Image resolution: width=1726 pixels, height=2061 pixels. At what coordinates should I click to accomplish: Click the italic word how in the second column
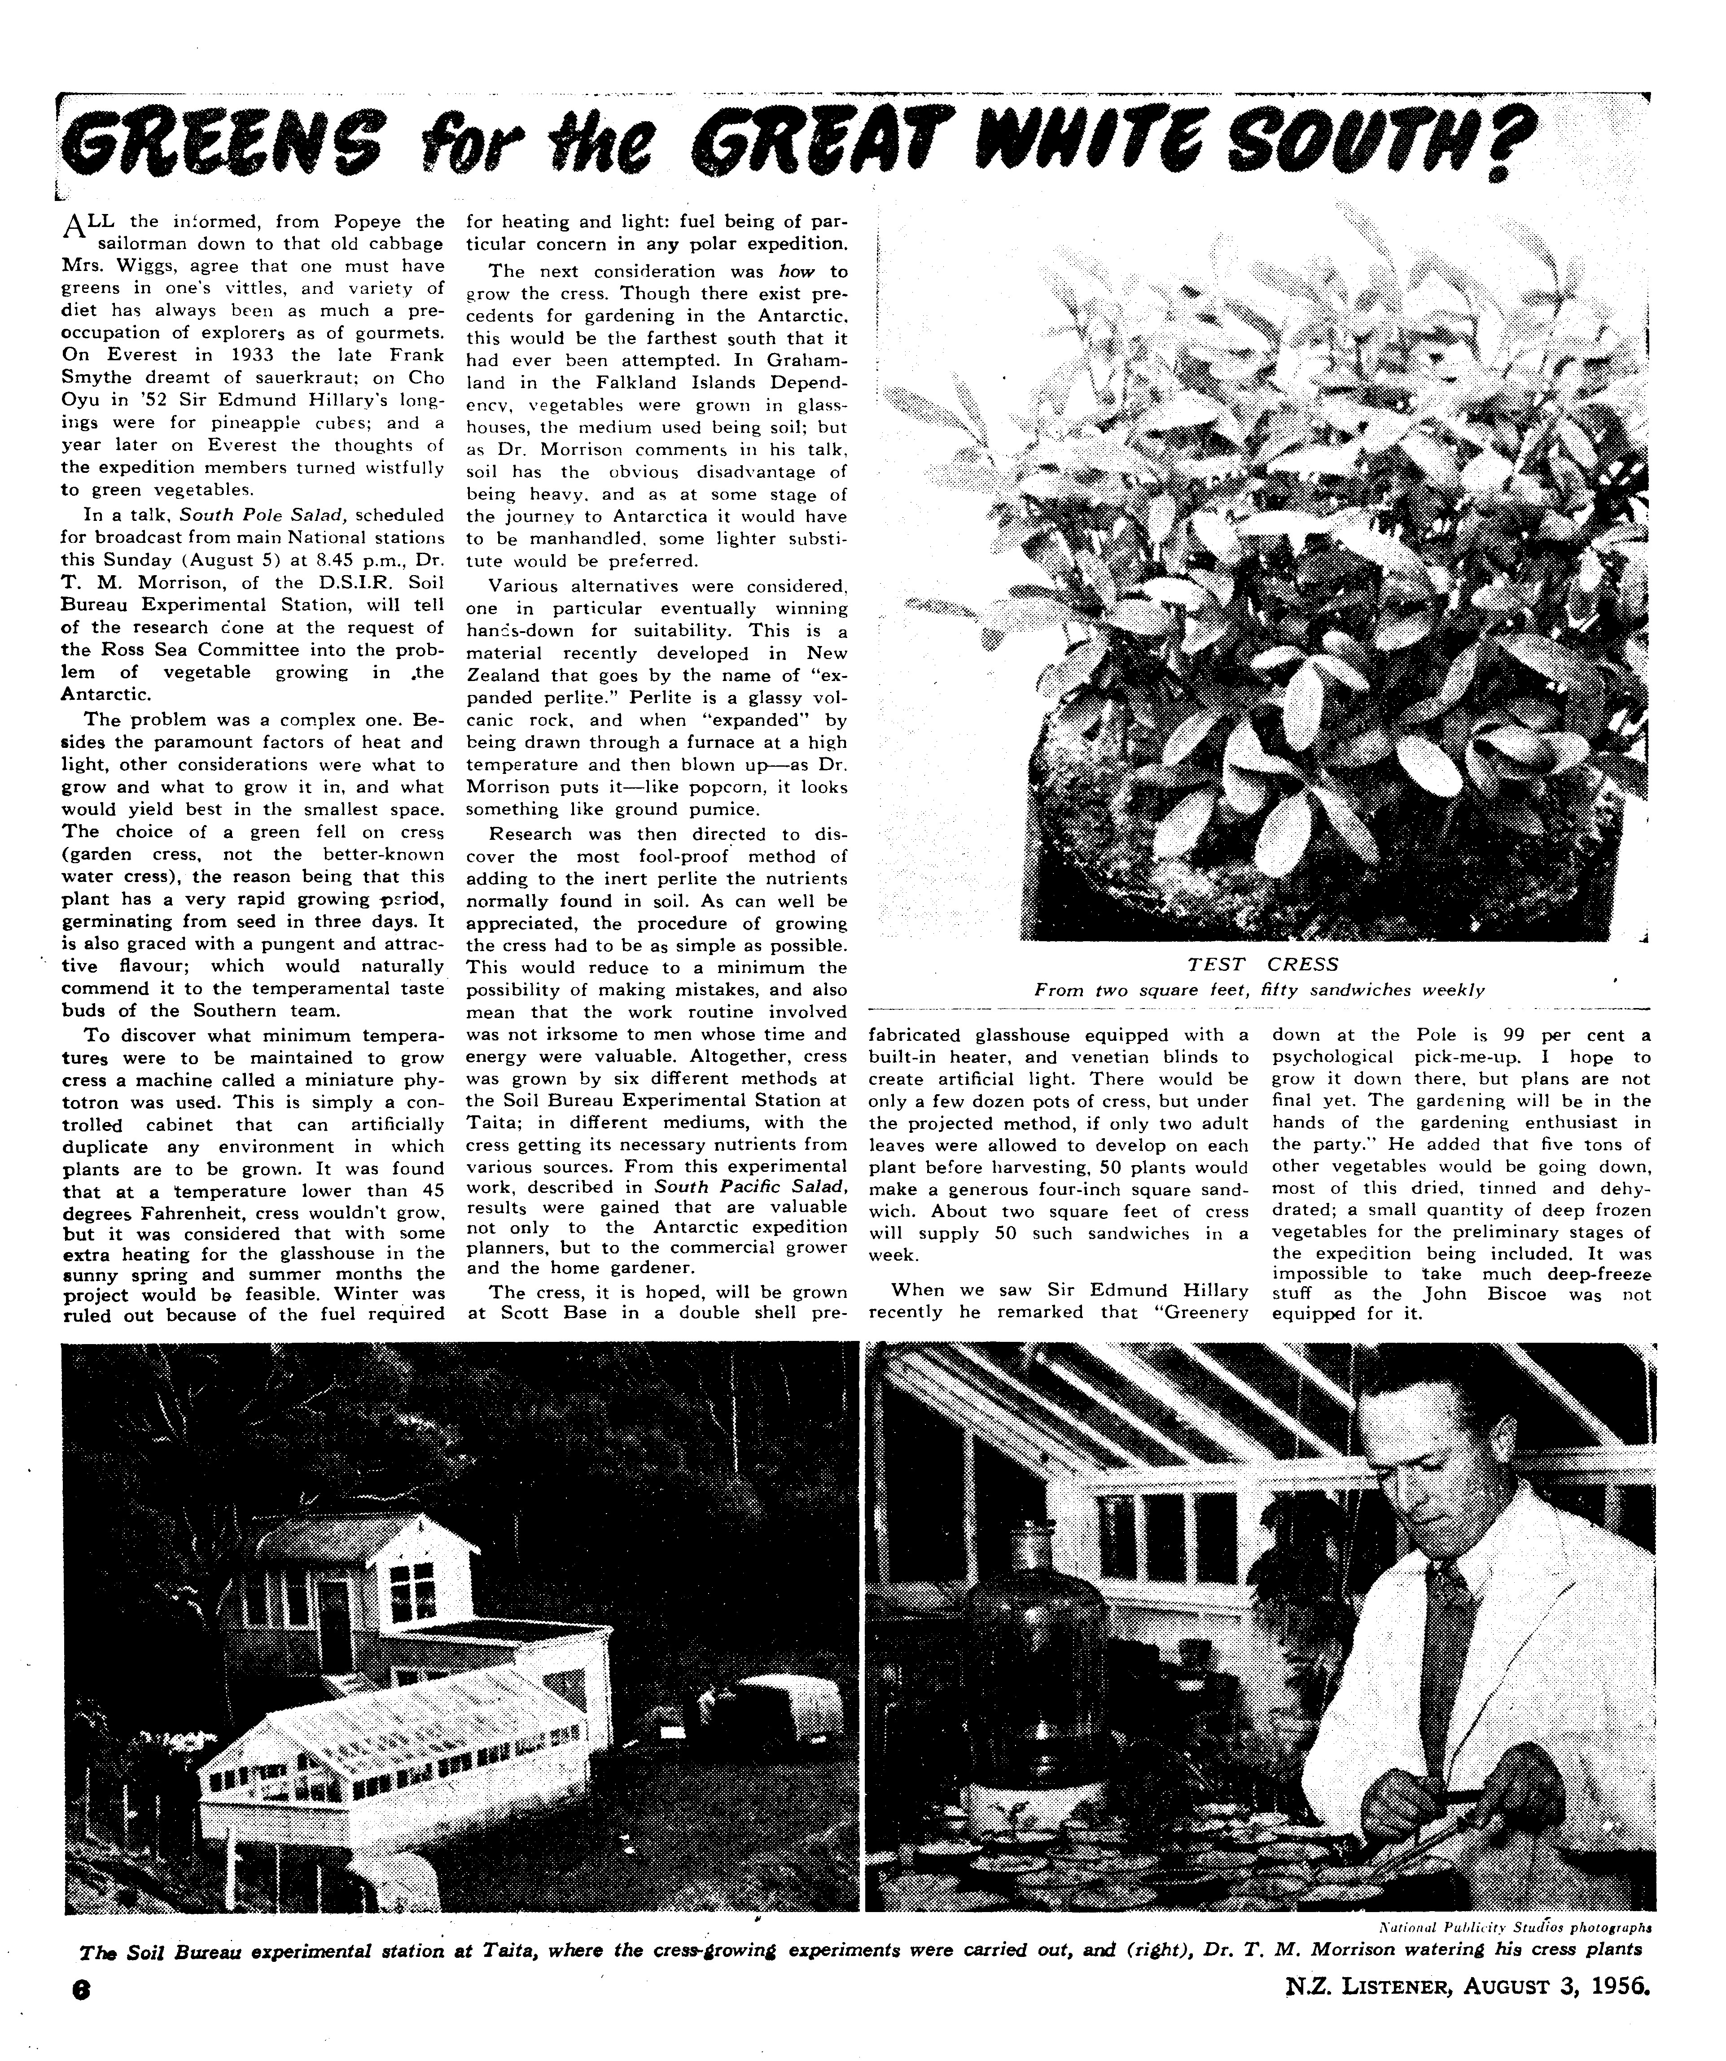point(795,271)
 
